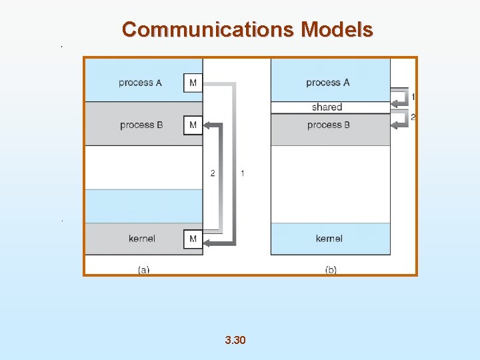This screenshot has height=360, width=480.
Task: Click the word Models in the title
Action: (x=337, y=29)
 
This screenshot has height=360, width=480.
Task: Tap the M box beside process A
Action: (x=193, y=83)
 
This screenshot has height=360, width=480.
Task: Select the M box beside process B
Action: (x=193, y=125)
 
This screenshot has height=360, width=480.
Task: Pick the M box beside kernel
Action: (x=193, y=239)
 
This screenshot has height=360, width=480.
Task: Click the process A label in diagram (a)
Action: (x=140, y=83)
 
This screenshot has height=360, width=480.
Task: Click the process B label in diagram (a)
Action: (x=141, y=125)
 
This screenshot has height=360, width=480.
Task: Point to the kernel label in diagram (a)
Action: (x=142, y=239)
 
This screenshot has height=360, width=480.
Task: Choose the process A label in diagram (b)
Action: (x=327, y=83)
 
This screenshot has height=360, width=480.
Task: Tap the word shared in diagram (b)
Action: (x=327, y=107)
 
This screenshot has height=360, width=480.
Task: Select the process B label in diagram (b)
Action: (x=328, y=125)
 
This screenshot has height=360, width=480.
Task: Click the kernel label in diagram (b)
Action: (x=329, y=239)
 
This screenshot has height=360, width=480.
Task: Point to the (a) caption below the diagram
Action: (x=143, y=270)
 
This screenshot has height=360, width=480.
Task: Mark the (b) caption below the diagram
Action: (x=331, y=270)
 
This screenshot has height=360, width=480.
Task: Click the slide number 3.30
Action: (x=235, y=340)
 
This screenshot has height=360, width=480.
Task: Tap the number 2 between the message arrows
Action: (x=213, y=173)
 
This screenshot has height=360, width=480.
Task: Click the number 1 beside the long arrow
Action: (x=242, y=173)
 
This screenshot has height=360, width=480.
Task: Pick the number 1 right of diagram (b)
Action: (x=413, y=97)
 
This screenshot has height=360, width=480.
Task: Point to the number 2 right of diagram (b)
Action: (x=413, y=117)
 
